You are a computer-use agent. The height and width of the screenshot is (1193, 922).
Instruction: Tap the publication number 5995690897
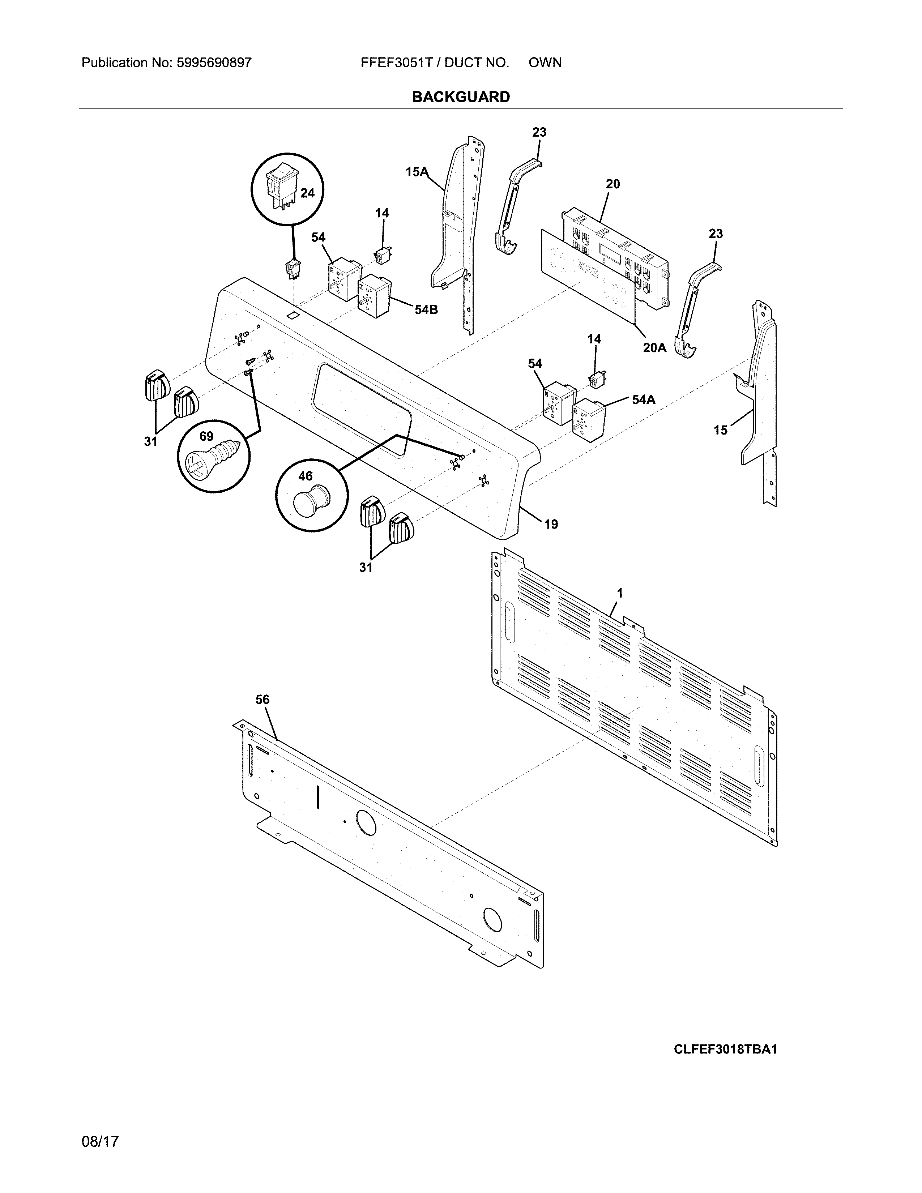click(214, 63)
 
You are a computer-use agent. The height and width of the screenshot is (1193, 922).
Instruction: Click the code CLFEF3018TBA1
click(725, 1049)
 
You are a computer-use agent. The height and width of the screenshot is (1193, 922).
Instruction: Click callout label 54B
click(426, 310)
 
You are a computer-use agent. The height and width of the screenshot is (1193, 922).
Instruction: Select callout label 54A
click(644, 400)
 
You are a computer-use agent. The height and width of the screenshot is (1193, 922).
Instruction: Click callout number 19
click(551, 525)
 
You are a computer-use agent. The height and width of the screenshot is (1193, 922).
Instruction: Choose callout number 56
click(263, 699)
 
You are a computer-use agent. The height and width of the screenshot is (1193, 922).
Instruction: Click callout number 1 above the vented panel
click(619, 593)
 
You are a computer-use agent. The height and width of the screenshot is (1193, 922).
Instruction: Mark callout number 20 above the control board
click(613, 184)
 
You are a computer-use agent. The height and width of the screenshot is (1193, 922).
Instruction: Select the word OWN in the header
click(545, 63)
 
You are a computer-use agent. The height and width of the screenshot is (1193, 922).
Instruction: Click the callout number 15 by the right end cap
click(721, 431)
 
